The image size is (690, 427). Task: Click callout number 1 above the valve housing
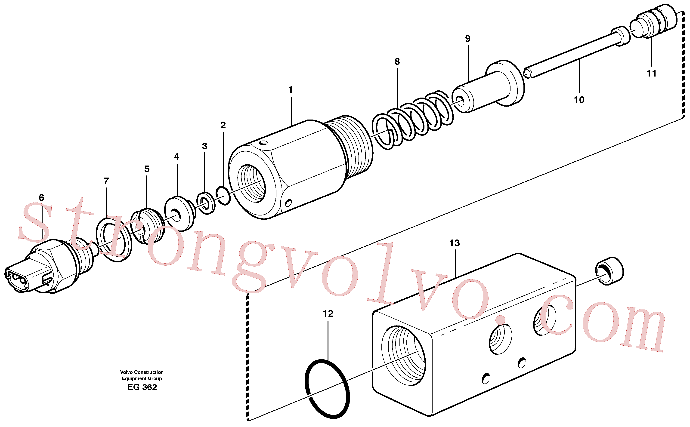point(290,90)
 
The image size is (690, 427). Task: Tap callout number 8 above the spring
point(397,61)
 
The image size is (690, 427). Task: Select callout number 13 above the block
point(454,243)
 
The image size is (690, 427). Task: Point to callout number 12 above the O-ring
point(328,313)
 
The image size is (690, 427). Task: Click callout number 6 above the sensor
point(42,198)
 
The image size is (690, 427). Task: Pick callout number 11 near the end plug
point(652,74)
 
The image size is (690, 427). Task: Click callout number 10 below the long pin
point(579,100)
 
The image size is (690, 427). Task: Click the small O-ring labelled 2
point(223,195)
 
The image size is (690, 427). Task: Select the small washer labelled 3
point(206,203)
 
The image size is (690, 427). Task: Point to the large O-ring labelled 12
point(327,389)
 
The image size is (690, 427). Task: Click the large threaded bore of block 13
point(403,355)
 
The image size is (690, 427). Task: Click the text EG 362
point(142,387)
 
